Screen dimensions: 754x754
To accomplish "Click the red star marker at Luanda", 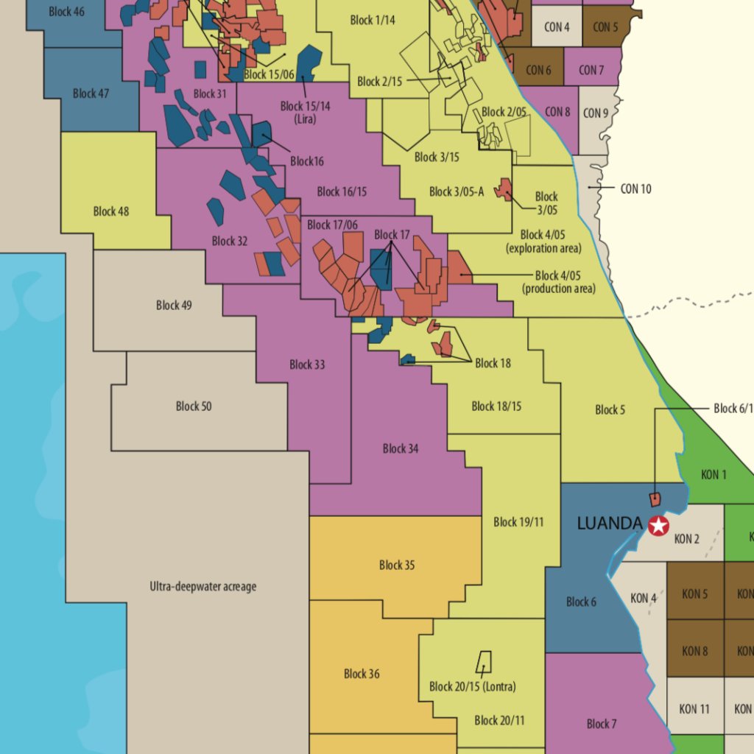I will coord(658,526).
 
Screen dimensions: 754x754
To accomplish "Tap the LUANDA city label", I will coord(610,524).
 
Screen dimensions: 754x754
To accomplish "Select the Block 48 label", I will coord(111,211).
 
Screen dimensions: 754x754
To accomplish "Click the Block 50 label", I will coord(194,406).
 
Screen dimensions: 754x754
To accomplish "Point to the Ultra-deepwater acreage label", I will coord(202,587).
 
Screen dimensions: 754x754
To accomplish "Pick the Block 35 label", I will coord(397,565).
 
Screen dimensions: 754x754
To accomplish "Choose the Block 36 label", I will coord(362,674).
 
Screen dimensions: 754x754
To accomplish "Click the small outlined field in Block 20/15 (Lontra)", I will coord(484,661).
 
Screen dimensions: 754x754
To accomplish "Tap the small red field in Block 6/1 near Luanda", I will coord(654,499).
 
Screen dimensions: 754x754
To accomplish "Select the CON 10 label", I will coord(635,188).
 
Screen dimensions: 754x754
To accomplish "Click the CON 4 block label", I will coord(557,27).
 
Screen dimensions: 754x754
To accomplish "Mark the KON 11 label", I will coord(694,709).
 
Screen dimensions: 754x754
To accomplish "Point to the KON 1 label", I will coord(714,475).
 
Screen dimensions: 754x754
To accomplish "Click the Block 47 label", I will coord(91,94).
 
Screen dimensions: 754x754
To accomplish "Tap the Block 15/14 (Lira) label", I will coord(305,112).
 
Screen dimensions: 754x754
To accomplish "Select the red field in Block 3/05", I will coord(504,189).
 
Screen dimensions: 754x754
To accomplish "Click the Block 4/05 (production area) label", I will coord(558,282).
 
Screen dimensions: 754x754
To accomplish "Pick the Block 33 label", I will coord(307,364).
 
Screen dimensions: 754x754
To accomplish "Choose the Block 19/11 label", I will coord(518,522).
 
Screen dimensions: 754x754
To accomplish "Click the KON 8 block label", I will coord(695,651).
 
